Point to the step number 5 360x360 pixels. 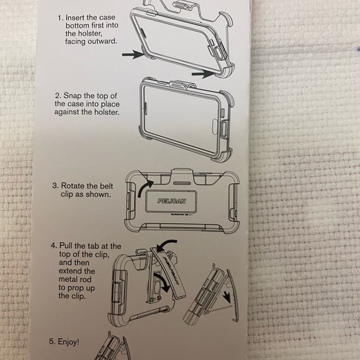[x=53, y=341]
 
